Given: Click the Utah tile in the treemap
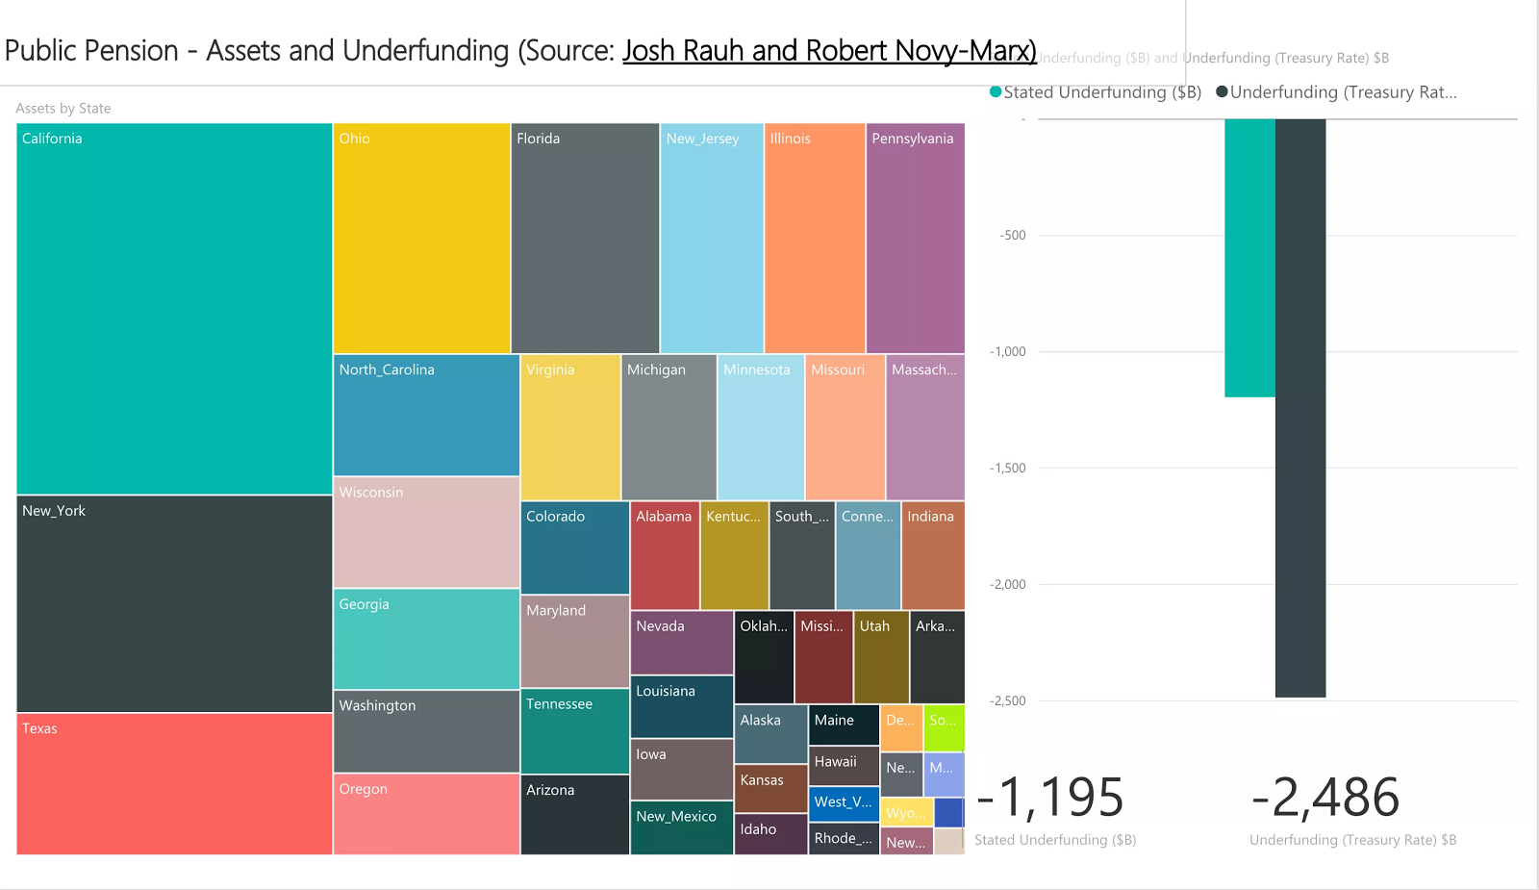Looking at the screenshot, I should (881, 657).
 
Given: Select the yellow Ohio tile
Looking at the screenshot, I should (421, 239).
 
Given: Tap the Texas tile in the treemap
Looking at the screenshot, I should (174, 783).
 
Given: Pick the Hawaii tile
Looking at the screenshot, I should (844, 766).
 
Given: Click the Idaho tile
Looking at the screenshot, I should (770, 834).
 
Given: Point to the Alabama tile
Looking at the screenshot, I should (665, 555).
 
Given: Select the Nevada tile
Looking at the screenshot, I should (681, 643).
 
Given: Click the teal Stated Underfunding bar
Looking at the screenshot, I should (1249, 258).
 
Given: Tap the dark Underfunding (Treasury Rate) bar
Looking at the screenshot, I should (1300, 408).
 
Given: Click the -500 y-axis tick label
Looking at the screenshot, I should (1013, 236).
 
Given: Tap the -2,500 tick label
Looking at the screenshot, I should (1008, 701).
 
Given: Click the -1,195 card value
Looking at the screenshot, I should (1050, 798).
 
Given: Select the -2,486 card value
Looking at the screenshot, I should (1325, 798).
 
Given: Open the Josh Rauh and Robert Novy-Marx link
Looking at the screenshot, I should (829, 50).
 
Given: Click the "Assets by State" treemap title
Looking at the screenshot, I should (63, 109).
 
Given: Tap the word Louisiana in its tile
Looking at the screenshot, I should (665, 691).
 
